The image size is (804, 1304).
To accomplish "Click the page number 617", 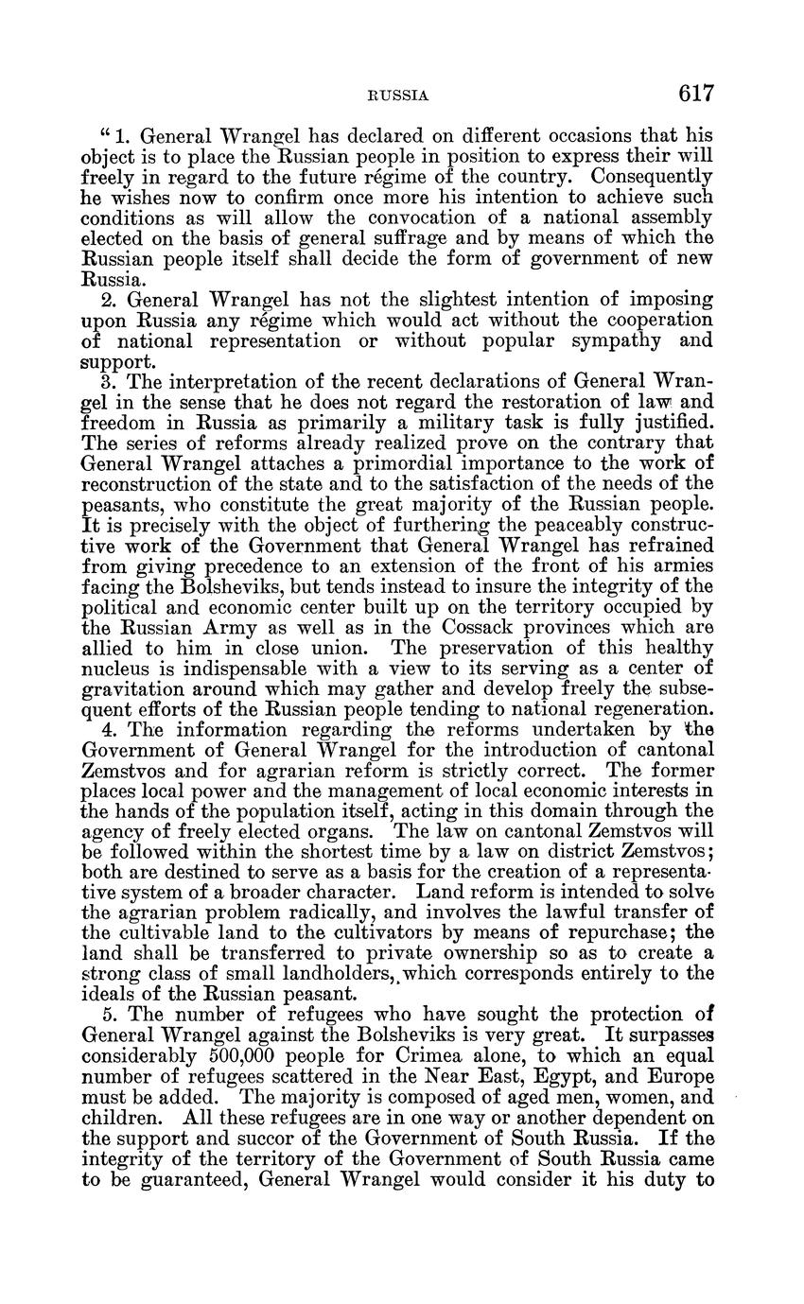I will click(694, 94).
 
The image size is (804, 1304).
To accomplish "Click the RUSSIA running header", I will click(398, 96).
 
